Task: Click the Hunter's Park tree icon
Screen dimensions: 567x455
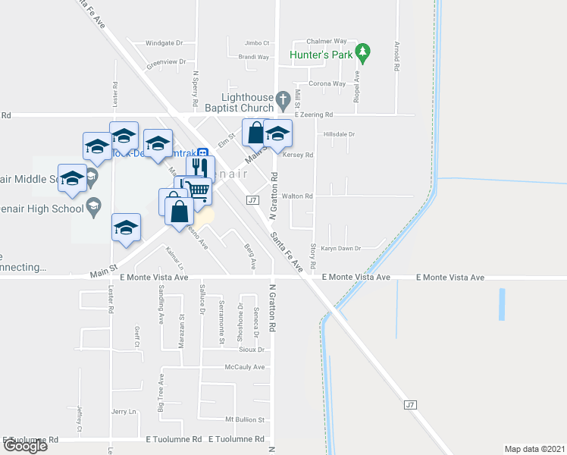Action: [364, 51]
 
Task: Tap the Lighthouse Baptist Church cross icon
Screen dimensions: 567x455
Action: [283, 99]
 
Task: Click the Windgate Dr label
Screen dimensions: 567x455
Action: [164, 43]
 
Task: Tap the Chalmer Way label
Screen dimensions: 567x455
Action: [326, 41]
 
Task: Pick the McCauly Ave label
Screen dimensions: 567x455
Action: [244, 367]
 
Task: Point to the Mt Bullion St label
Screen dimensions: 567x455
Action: [244, 419]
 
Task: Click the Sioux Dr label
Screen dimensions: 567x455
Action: [250, 350]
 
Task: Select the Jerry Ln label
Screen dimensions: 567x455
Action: [123, 411]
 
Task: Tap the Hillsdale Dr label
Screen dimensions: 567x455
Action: [339, 134]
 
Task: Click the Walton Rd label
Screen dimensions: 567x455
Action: [298, 196]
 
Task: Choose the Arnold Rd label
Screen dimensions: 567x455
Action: [396, 57]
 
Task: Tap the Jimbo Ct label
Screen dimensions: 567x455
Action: [257, 43]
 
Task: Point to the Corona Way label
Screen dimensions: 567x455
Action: [327, 83]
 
